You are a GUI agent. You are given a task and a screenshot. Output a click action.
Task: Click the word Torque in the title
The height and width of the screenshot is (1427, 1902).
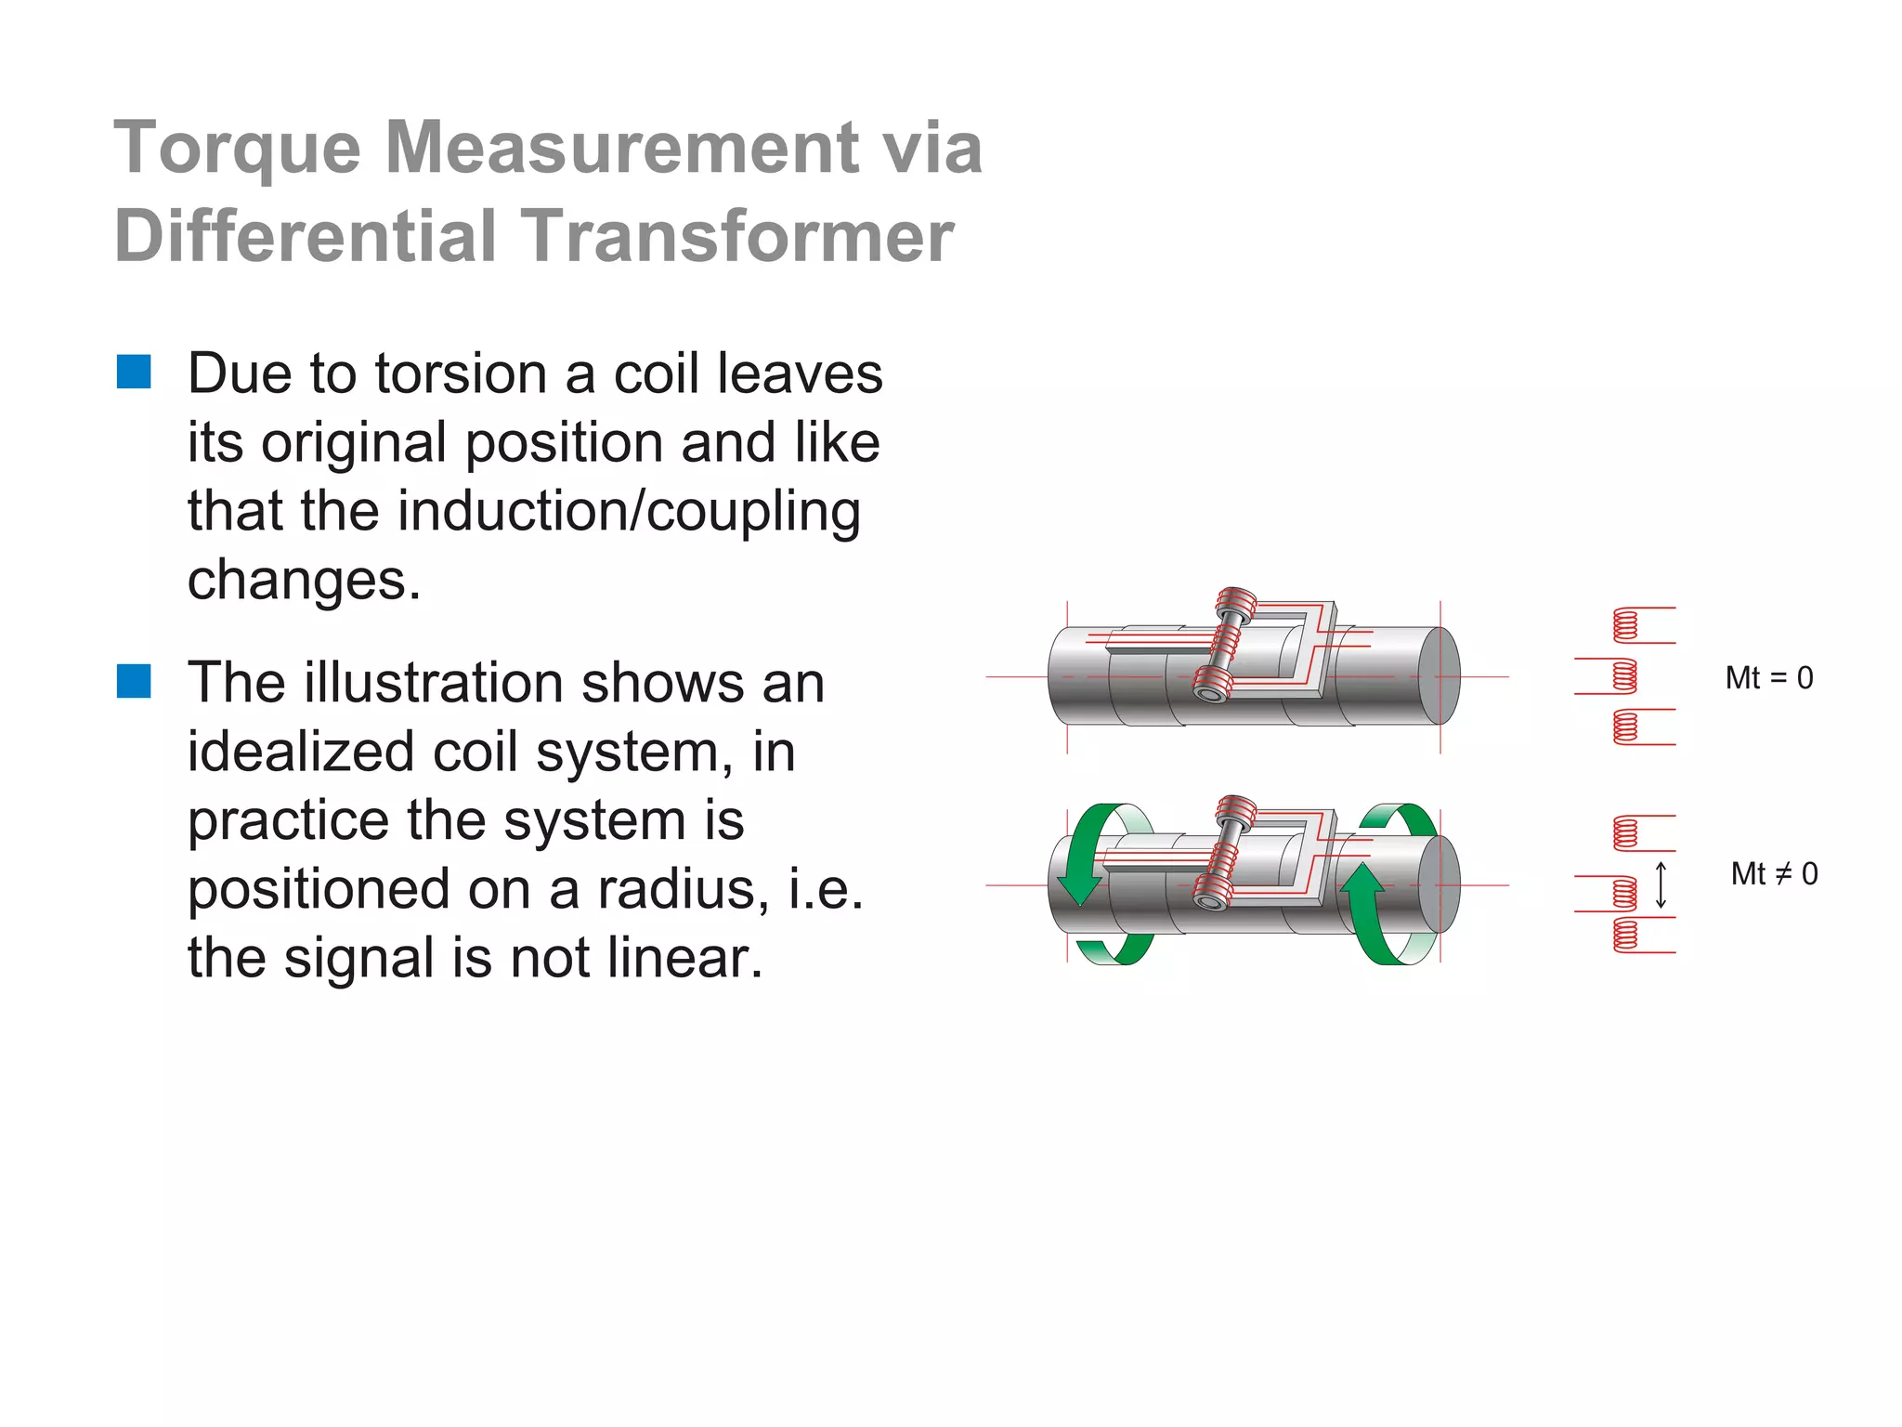(x=237, y=149)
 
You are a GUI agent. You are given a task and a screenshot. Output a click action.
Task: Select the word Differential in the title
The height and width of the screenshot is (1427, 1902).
(x=306, y=236)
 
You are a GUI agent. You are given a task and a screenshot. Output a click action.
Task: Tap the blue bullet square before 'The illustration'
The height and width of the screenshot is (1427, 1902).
(x=134, y=681)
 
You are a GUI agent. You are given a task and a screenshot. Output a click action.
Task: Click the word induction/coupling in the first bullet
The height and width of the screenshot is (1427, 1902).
(x=629, y=512)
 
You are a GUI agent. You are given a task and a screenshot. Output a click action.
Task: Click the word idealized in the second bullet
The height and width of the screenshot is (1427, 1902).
(x=300, y=752)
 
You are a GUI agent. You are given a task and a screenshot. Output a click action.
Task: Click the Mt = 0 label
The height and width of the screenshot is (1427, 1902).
(x=1768, y=678)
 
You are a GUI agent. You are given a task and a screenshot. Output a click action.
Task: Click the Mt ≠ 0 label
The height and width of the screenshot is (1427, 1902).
(x=1774, y=874)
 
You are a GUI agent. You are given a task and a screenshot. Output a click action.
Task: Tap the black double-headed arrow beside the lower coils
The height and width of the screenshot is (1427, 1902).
(x=1661, y=884)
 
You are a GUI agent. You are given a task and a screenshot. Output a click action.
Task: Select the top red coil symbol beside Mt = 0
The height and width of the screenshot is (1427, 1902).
(x=1625, y=625)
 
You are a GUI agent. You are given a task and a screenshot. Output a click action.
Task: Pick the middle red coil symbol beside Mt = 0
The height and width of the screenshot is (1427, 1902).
(x=1624, y=676)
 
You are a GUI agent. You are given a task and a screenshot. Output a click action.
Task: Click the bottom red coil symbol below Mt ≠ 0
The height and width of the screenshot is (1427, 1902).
(x=1625, y=935)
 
